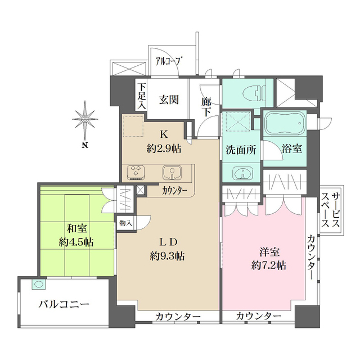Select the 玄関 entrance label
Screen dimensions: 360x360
tap(168, 100)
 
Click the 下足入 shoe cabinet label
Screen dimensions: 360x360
tap(142, 97)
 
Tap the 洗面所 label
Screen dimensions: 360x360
tap(241, 150)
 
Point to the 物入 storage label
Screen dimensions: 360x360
tap(126, 223)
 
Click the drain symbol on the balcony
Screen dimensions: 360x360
tap(39, 285)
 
